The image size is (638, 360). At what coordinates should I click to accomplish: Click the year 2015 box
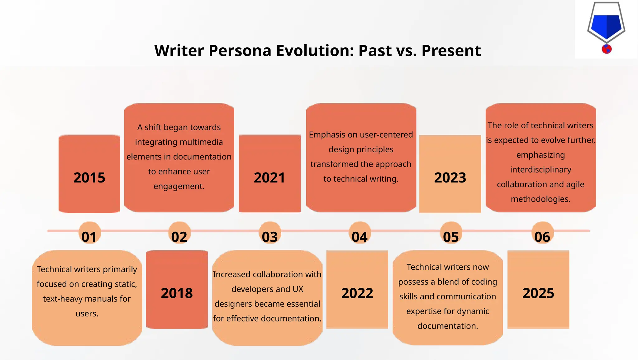[x=89, y=174]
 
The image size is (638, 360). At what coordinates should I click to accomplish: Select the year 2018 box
[x=177, y=289]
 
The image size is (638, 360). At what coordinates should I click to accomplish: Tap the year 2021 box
[x=270, y=174]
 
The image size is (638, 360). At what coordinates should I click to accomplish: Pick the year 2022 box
[x=357, y=289]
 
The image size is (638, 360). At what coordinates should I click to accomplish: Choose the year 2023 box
[x=450, y=174]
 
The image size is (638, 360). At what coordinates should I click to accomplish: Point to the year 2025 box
[x=538, y=289]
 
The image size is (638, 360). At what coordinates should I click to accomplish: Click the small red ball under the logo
[x=607, y=49]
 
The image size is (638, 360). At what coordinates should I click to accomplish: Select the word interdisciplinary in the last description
[x=540, y=170]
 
